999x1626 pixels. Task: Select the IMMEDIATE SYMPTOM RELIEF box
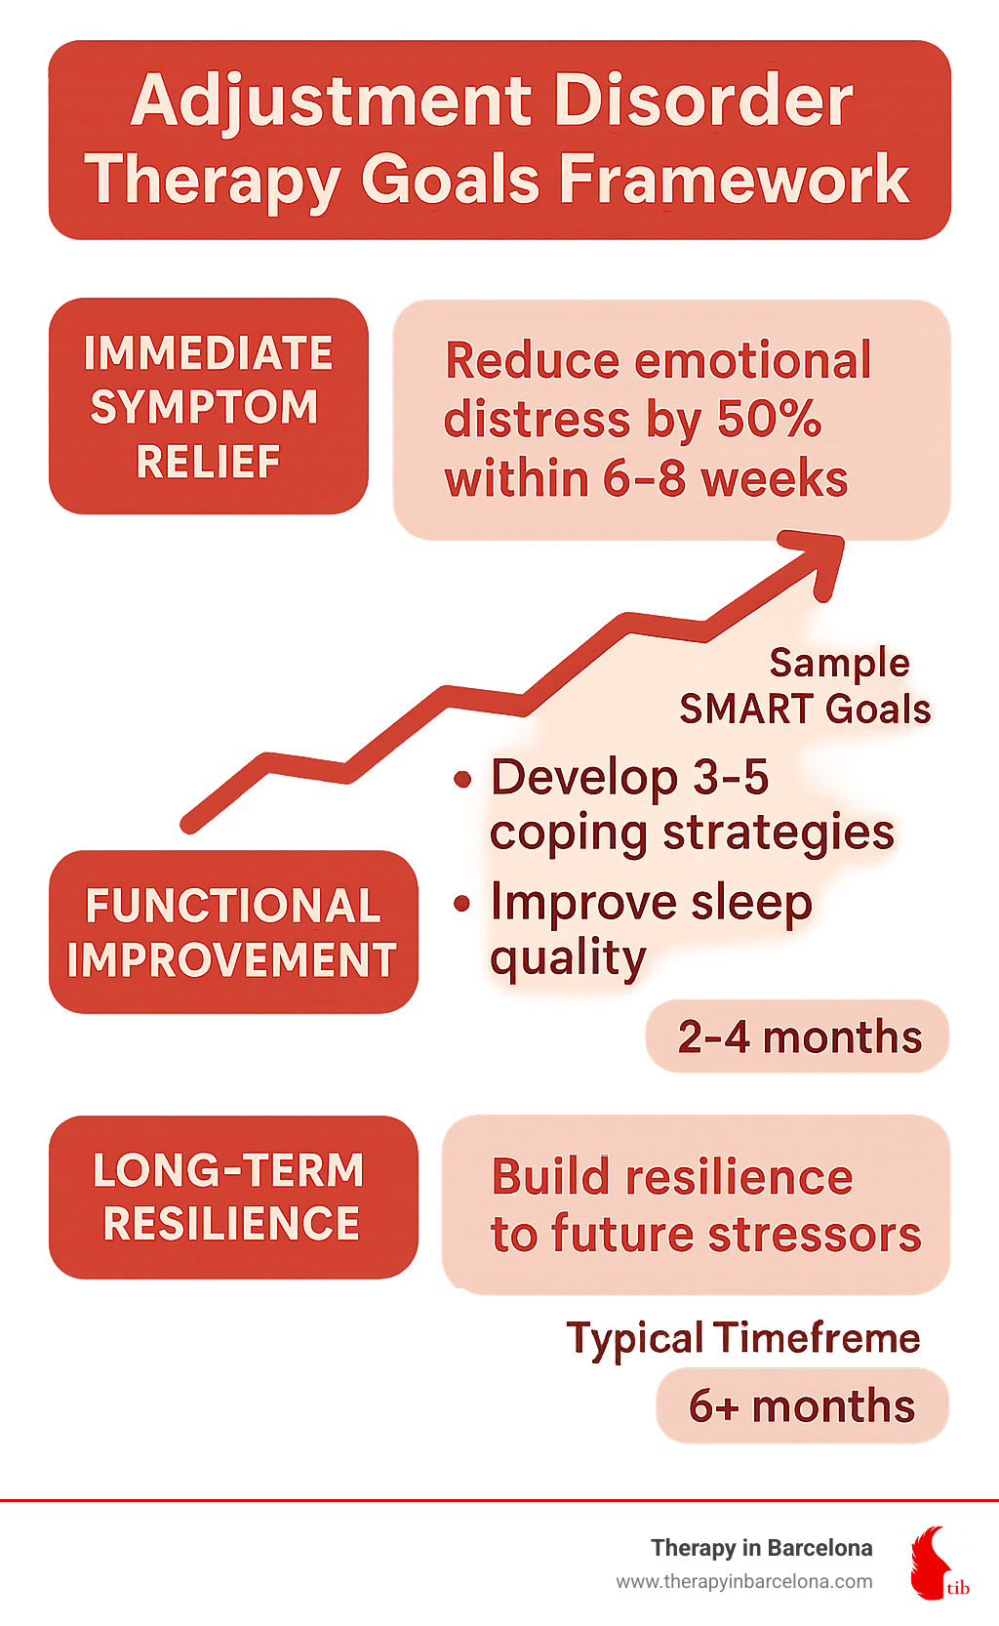tap(208, 406)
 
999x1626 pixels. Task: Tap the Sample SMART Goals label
tap(806, 685)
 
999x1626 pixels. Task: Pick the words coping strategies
tap(692, 833)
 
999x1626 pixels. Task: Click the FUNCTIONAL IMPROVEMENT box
tap(233, 931)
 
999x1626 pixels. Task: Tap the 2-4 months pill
tap(798, 1037)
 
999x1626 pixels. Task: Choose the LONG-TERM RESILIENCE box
tap(233, 1197)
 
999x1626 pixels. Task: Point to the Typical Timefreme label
tap(743, 1338)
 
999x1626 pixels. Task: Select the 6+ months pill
tap(802, 1405)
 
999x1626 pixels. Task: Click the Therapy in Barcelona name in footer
tap(761, 1548)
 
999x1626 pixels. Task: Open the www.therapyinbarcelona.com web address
tap(743, 1581)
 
